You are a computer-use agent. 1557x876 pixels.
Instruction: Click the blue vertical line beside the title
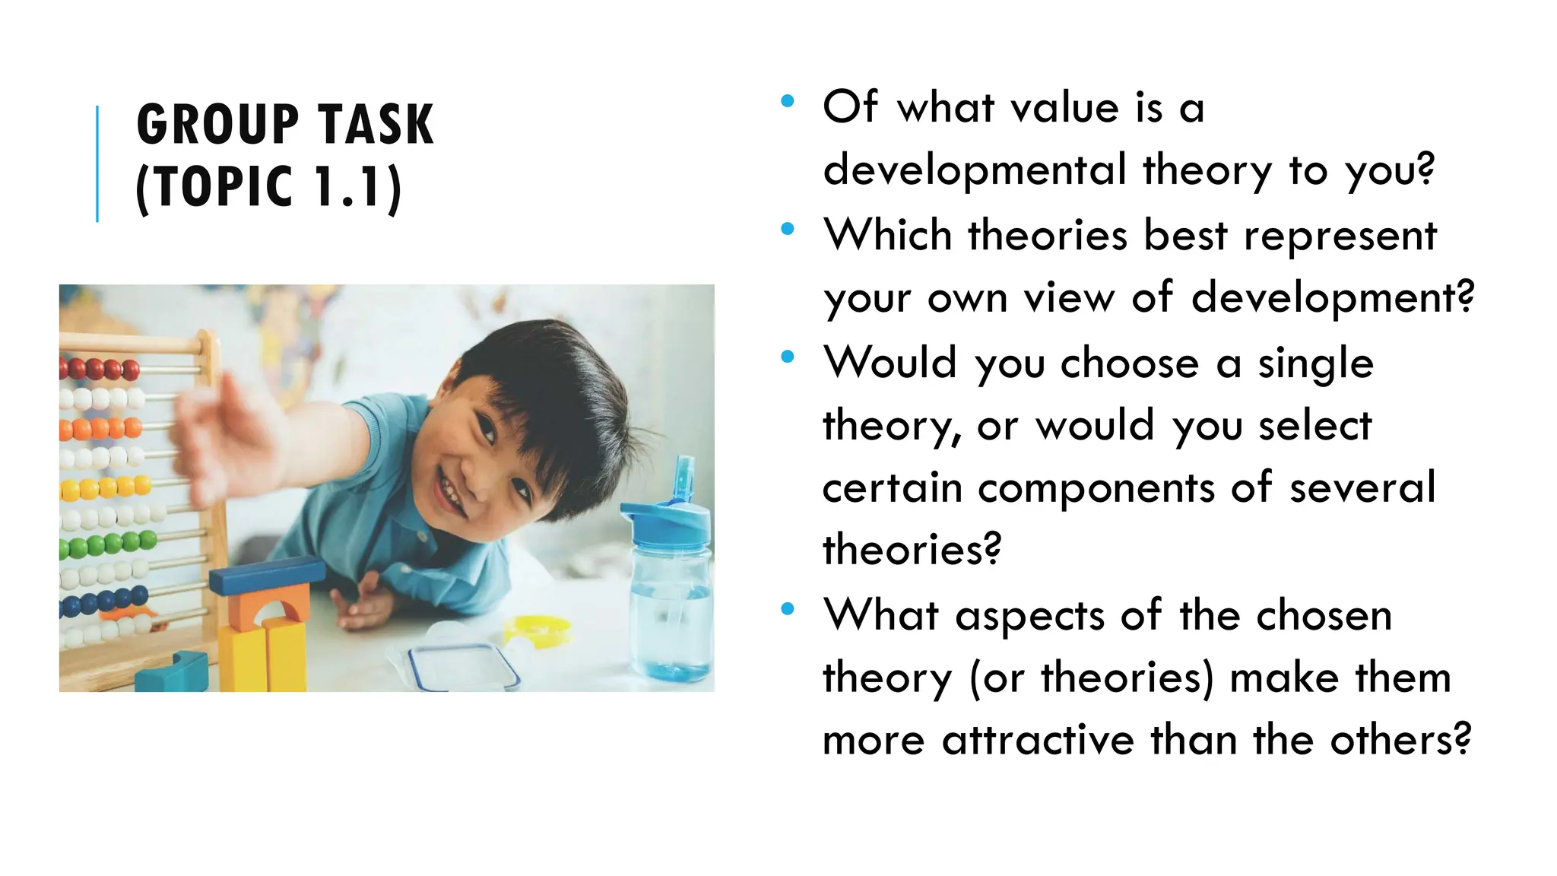tap(97, 163)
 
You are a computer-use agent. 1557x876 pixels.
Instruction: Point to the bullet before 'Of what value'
tap(788, 100)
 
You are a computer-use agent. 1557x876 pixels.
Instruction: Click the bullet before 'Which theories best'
tap(788, 228)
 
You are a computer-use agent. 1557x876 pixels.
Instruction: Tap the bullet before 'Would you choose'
tap(788, 355)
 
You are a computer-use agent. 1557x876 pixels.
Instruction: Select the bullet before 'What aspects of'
tap(788, 608)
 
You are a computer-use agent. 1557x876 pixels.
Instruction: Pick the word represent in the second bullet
tap(1340, 235)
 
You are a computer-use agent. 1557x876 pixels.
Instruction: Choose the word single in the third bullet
tap(1315, 363)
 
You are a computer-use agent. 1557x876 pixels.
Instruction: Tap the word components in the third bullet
tap(1096, 487)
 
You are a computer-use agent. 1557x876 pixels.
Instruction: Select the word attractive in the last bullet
tap(1038, 740)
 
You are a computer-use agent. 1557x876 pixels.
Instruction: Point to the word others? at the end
tap(1400, 740)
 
